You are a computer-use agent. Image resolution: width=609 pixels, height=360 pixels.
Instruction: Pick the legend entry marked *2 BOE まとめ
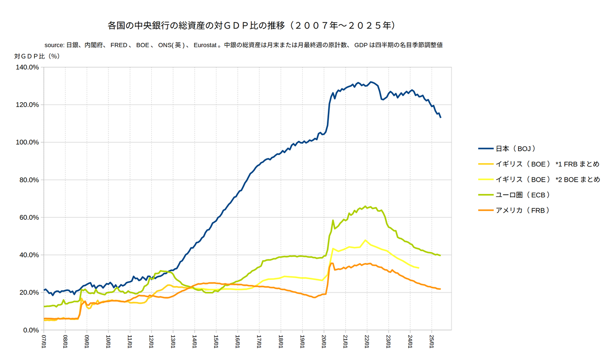pyautogui.click(x=548, y=180)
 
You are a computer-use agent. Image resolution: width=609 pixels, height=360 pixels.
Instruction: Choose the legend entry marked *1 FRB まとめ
pyautogui.click(x=547, y=164)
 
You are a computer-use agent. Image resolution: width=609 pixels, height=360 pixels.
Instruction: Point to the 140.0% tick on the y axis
pyautogui.click(x=27, y=67)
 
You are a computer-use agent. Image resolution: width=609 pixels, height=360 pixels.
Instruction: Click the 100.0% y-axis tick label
pyautogui.click(x=27, y=142)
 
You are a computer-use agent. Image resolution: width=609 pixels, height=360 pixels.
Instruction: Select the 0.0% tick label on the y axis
pyautogui.click(x=30, y=330)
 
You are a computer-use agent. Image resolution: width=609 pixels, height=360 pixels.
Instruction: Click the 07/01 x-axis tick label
pyautogui.click(x=44, y=342)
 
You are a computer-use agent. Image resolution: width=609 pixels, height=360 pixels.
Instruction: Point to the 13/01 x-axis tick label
pyautogui.click(x=173, y=342)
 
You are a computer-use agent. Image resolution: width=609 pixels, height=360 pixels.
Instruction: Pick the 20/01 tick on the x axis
pyautogui.click(x=324, y=342)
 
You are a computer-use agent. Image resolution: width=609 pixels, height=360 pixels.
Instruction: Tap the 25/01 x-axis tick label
pyautogui.click(x=431, y=342)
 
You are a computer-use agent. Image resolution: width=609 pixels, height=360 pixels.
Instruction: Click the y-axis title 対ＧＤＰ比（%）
pyautogui.click(x=37, y=56)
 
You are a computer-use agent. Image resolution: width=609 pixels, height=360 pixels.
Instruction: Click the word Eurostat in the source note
pyautogui.click(x=207, y=45)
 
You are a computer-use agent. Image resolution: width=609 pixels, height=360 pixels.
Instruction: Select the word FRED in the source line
pyautogui.click(x=119, y=45)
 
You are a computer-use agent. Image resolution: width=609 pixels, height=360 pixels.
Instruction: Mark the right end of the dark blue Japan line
pyautogui.click(x=441, y=117)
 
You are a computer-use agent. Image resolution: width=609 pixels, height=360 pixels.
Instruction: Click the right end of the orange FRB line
pyautogui.click(x=440, y=289)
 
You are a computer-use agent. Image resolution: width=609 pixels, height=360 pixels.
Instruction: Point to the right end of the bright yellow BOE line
pyautogui.click(x=419, y=268)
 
